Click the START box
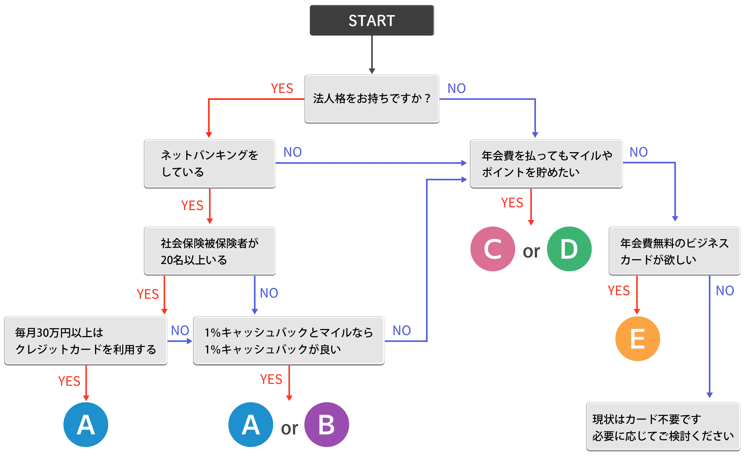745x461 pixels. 372,21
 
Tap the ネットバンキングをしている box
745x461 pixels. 210,163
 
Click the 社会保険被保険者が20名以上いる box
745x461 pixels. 210,251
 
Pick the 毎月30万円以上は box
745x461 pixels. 85,340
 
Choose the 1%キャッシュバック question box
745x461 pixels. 289,340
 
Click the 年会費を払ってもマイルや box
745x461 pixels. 546,163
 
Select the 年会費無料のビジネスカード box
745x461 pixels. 674,251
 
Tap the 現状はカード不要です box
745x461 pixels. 663,427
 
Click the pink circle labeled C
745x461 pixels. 493,249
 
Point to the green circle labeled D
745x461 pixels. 569,249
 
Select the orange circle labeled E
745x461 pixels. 638,339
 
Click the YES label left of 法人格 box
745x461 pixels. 282,88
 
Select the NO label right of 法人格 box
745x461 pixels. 456,88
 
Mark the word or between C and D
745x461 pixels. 531,252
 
